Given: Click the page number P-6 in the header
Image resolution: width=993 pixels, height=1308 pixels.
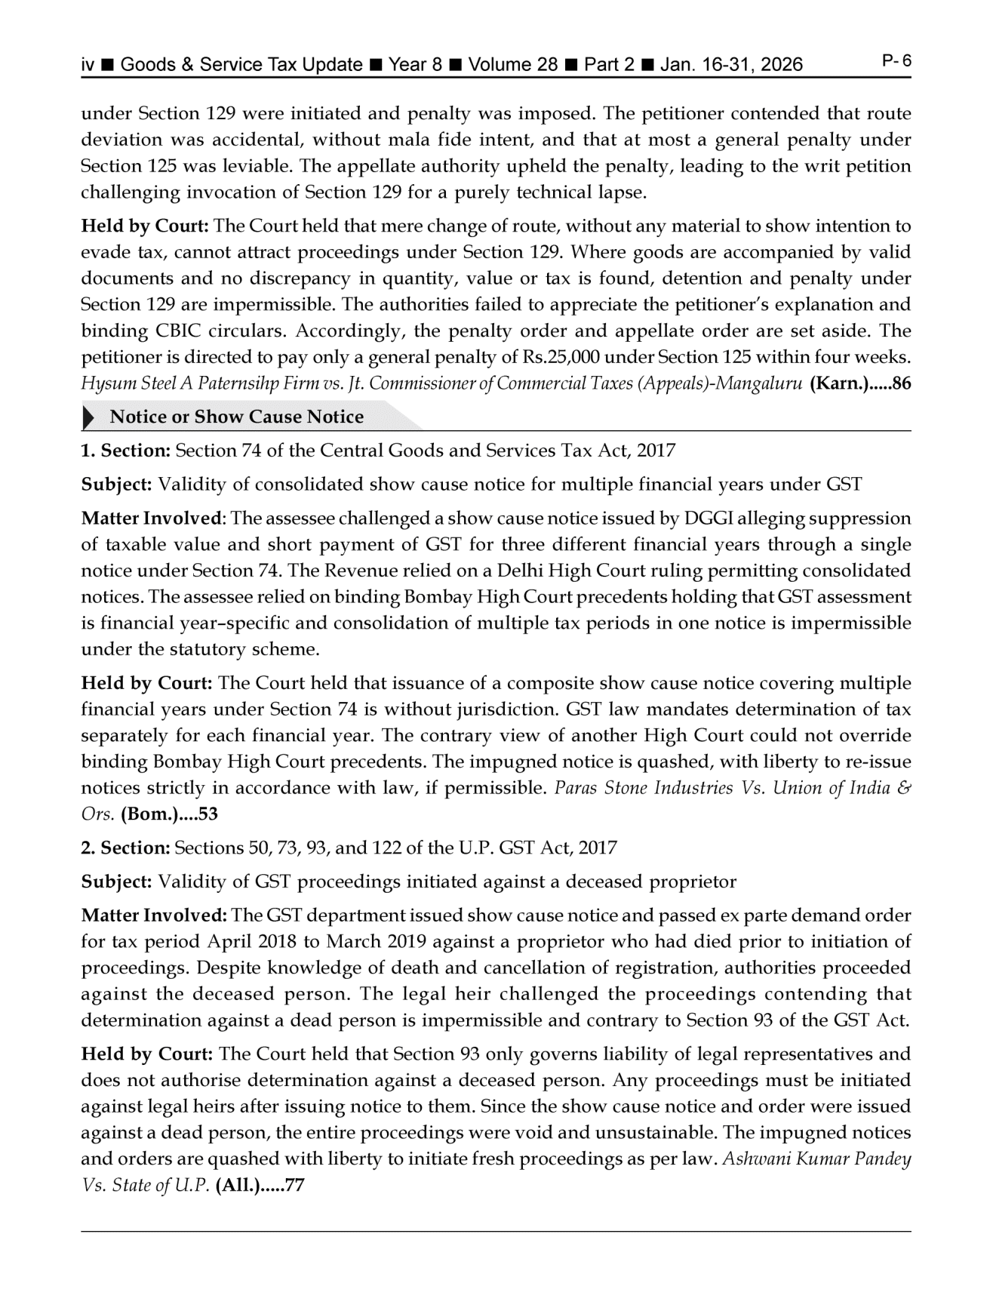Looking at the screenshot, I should point(896,61).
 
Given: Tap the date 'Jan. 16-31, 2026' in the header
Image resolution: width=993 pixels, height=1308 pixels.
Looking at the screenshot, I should point(731,65).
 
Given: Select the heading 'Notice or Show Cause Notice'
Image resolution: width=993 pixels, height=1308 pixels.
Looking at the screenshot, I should point(236,417).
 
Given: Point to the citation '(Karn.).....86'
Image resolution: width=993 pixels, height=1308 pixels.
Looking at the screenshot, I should point(859,383).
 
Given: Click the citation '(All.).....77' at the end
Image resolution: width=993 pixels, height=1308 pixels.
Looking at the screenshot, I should point(259,1185).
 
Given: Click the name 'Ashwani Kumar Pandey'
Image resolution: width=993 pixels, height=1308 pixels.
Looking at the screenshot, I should point(816,1159).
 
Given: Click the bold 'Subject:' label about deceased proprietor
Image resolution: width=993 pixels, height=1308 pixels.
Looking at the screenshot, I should point(117,882).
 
